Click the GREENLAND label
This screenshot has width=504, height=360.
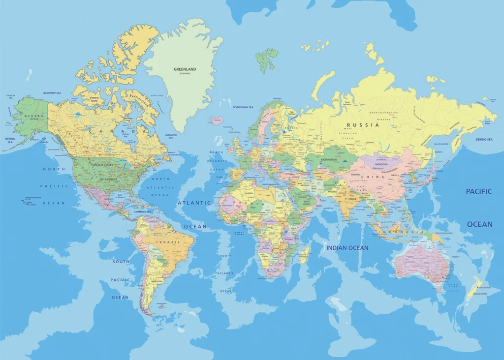(185, 69)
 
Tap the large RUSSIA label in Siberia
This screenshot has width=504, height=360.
(363, 125)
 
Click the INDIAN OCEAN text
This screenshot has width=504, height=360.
(347, 248)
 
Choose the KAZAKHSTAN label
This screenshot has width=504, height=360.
(329, 159)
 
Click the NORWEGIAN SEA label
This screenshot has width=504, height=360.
(243, 107)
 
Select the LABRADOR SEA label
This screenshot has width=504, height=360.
(171, 135)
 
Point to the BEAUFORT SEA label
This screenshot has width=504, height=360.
(52, 93)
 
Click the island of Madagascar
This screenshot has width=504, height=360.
(305, 254)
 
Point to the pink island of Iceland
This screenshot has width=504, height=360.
(216, 120)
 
